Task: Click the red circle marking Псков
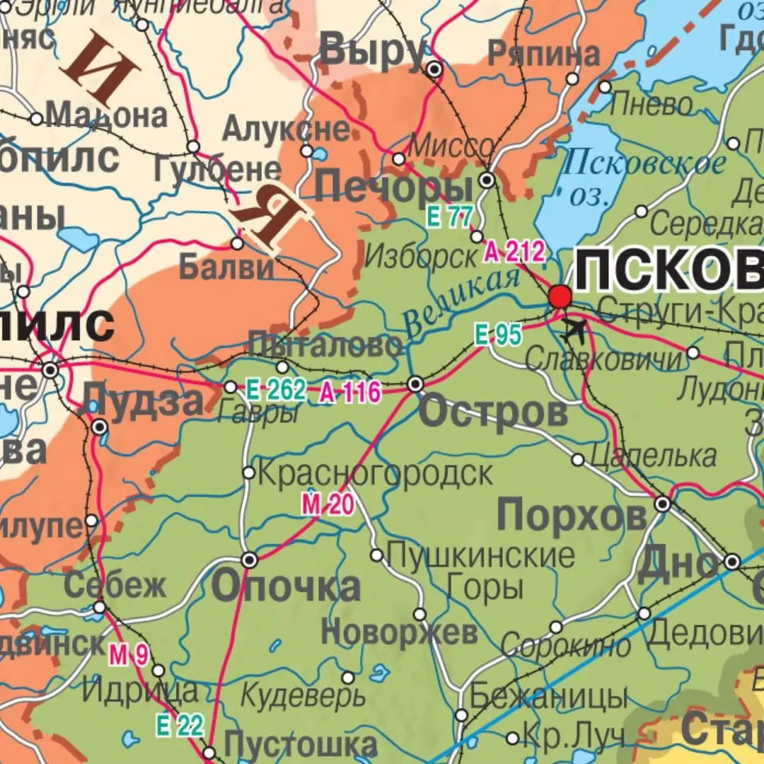560,296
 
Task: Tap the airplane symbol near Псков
573,329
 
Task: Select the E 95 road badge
498,335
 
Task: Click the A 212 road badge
515,251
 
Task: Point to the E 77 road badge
448,217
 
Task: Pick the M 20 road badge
328,504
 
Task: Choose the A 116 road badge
349,391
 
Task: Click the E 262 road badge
276,390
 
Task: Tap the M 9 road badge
128,656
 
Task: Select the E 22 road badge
180,725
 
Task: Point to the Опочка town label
286,587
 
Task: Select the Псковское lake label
644,163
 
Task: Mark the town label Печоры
393,189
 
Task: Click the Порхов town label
572,514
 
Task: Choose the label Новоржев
399,632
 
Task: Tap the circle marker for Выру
435,69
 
